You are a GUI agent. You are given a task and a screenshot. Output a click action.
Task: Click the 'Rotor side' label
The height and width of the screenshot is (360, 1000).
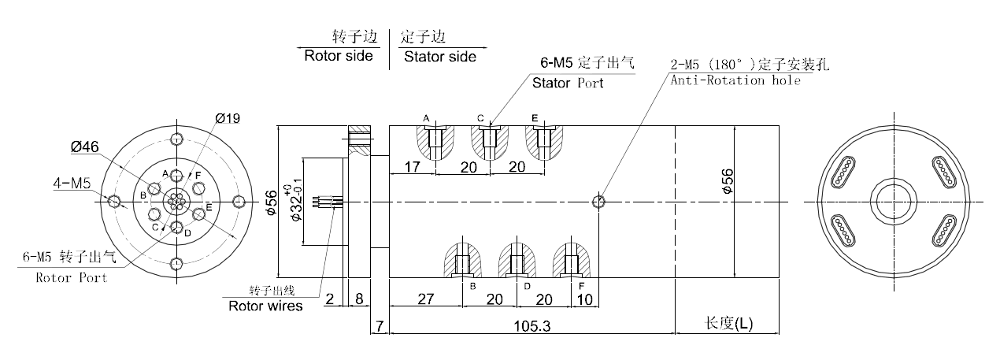(x=338, y=57)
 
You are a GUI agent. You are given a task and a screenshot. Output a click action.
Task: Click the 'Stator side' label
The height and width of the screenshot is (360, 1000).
(x=439, y=57)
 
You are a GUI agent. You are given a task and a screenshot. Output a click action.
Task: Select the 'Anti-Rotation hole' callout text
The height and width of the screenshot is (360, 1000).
(x=735, y=80)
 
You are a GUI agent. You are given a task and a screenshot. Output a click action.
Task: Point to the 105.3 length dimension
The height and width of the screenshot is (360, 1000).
(x=532, y=325)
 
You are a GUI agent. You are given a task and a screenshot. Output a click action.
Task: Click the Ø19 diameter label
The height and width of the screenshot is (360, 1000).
(x=227, y=118)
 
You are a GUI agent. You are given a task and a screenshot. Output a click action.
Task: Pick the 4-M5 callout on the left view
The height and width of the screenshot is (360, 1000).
(x=72, y=184)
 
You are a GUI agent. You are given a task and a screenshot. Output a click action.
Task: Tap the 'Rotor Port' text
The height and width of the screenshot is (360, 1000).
(x=72, y=277)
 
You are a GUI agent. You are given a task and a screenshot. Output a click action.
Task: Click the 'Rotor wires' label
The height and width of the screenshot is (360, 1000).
(x=265, y=306)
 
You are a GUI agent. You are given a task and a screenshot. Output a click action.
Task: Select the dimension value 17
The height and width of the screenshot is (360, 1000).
(x=411, y=166)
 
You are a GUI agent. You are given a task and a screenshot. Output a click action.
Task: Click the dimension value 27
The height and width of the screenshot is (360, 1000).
(x=425, y=299)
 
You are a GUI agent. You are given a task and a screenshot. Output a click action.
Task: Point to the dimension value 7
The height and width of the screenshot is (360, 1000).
(x=380, y=325)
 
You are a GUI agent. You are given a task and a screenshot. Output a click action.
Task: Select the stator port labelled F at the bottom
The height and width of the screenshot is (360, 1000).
(x=572, y=262)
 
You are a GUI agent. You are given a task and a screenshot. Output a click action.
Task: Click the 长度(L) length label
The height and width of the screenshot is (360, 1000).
(x=728, y=324)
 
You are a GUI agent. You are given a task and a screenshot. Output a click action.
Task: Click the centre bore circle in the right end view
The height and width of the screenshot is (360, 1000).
(x=892, y=202)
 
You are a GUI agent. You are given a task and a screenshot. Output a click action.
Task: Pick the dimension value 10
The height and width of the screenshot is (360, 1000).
(x=584, y=299)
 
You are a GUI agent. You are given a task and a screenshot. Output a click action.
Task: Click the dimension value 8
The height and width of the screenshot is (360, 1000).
(x=359, y=299)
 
